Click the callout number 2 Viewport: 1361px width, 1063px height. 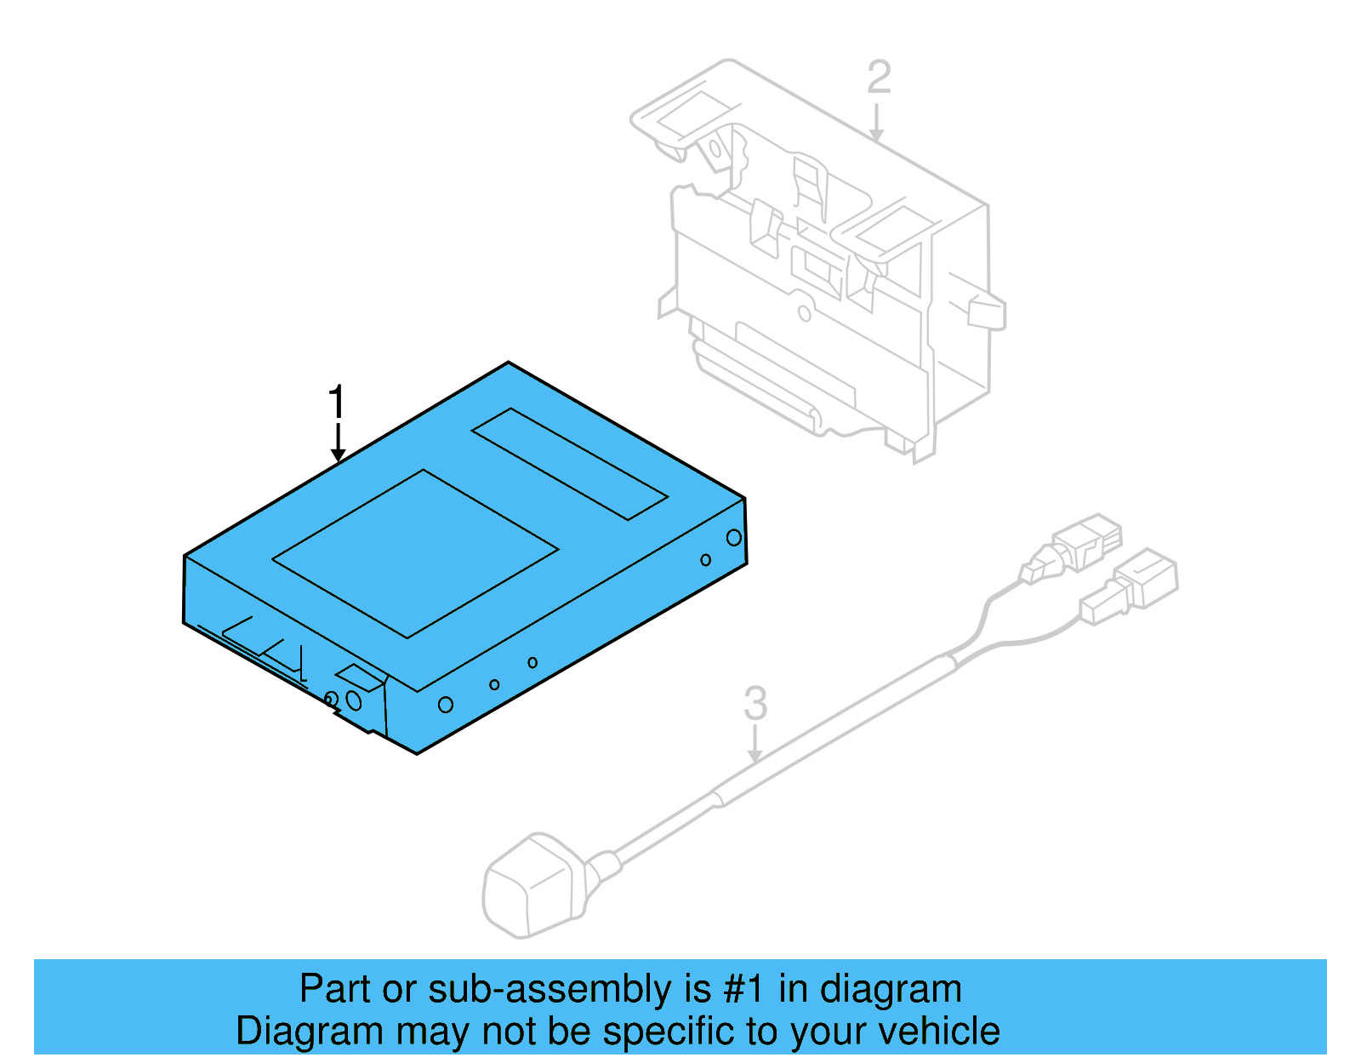click(x=879, y=77)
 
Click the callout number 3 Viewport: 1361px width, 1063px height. click(x=755, y=704)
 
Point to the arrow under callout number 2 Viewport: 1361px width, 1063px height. click(x=876, y=124)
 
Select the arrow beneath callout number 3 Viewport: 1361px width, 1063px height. click(x=755, y=745)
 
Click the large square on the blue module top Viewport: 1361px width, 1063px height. click(x=415, y=553)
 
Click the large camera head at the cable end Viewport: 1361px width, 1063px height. click(x=532, y=885)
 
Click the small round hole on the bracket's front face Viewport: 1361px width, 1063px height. click(x=804, y=312)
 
